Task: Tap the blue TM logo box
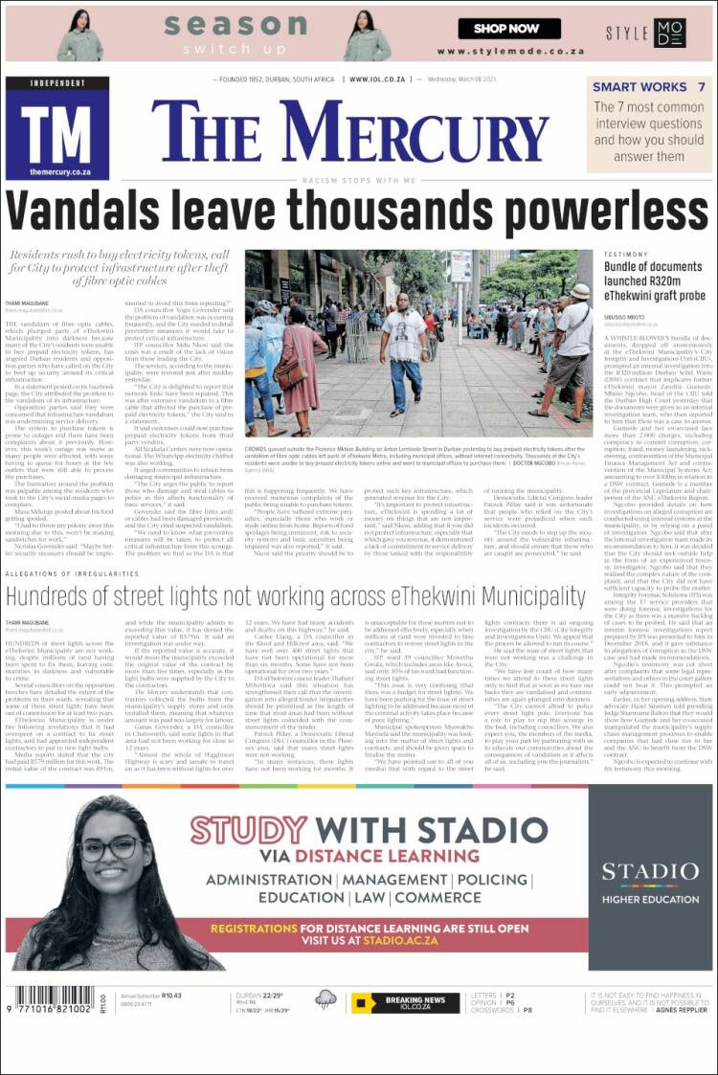coord(57,129)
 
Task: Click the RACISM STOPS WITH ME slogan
coord(359,180)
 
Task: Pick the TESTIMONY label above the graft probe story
coord(626,255)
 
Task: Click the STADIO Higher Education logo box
coord(650,877)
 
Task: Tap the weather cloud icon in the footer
coord(325,1001)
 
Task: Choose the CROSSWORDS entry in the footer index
coord(493,1010)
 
